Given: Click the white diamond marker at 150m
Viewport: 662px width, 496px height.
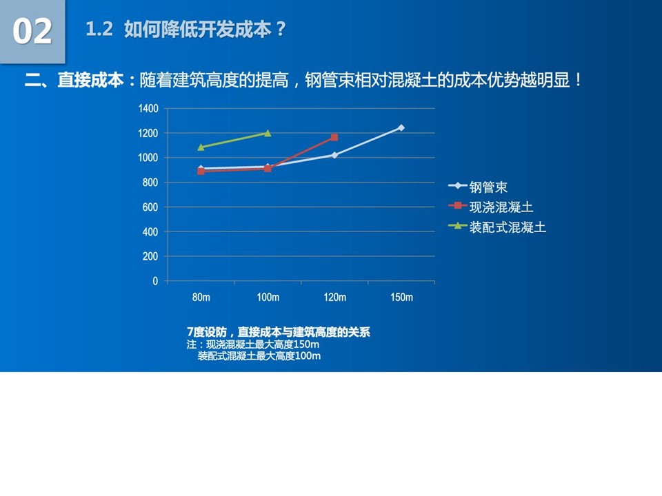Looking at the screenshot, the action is coord(401,128).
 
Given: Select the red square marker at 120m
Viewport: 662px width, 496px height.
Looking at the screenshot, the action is coord(334,137).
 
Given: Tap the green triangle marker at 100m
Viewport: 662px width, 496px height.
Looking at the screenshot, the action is coord(268,133).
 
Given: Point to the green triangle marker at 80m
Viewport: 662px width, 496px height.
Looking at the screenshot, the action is coord(201,147).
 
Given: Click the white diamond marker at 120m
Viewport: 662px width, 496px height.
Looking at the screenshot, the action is coord(334,155).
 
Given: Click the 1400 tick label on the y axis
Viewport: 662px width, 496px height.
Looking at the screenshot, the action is coord(148,109).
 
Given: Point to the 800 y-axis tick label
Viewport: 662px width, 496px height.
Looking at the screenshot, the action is coord(150,183).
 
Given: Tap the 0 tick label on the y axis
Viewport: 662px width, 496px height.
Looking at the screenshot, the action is coord(155,281).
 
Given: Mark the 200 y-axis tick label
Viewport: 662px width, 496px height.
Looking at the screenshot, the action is coord(150,256).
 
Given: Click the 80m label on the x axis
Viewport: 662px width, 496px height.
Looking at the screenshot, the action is coord(201,298).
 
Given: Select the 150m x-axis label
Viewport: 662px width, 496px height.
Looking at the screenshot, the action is coord(401,298).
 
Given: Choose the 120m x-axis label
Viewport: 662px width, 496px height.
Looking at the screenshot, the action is coord(335,298).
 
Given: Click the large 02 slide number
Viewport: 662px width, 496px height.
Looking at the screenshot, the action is coord(32,31).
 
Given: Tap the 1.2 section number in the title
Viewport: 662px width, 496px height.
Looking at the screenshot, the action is coord(99,30).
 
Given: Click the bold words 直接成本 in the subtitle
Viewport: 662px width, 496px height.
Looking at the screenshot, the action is coord(91,80).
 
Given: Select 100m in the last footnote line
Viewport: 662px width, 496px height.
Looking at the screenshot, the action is coord(308,356).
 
